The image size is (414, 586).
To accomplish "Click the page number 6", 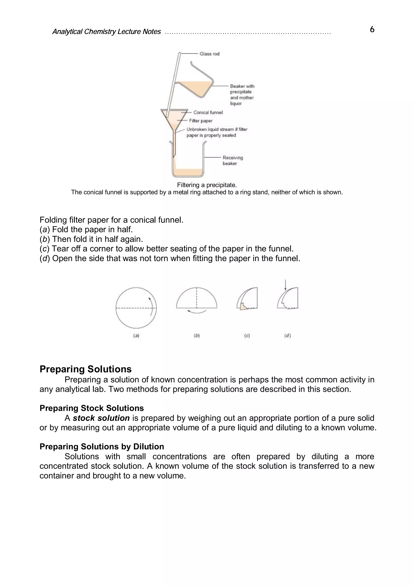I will [372, 30].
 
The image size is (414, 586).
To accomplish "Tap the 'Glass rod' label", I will [209, 54].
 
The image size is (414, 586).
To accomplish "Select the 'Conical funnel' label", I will [208, 112].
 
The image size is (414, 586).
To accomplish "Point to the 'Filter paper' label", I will [201, 121].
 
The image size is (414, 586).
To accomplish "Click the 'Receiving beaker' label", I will [232, 161].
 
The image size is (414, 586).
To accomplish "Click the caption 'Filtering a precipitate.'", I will [207, 185].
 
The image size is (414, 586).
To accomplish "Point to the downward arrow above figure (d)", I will [285, 285].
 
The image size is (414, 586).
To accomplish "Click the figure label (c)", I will [247, 336].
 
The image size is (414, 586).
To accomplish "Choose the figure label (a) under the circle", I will [136, 336].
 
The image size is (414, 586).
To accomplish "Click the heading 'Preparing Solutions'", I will [86, 369].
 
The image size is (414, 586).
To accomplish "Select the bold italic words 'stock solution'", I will [101, 418].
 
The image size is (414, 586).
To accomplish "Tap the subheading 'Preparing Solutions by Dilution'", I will [102, 447].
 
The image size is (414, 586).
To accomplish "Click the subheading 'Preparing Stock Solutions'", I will [92, 408].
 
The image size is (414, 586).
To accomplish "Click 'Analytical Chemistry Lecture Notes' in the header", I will [106, 32].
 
